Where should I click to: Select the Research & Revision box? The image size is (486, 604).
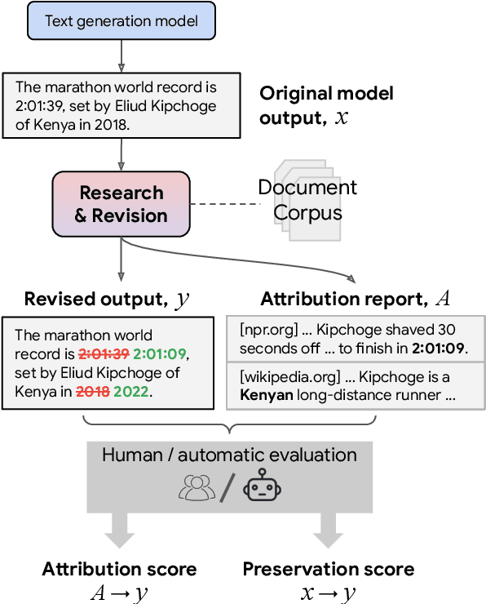121,204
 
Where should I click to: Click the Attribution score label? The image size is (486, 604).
119,569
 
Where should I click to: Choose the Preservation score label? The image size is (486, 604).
328,569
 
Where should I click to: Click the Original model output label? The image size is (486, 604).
326,104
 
